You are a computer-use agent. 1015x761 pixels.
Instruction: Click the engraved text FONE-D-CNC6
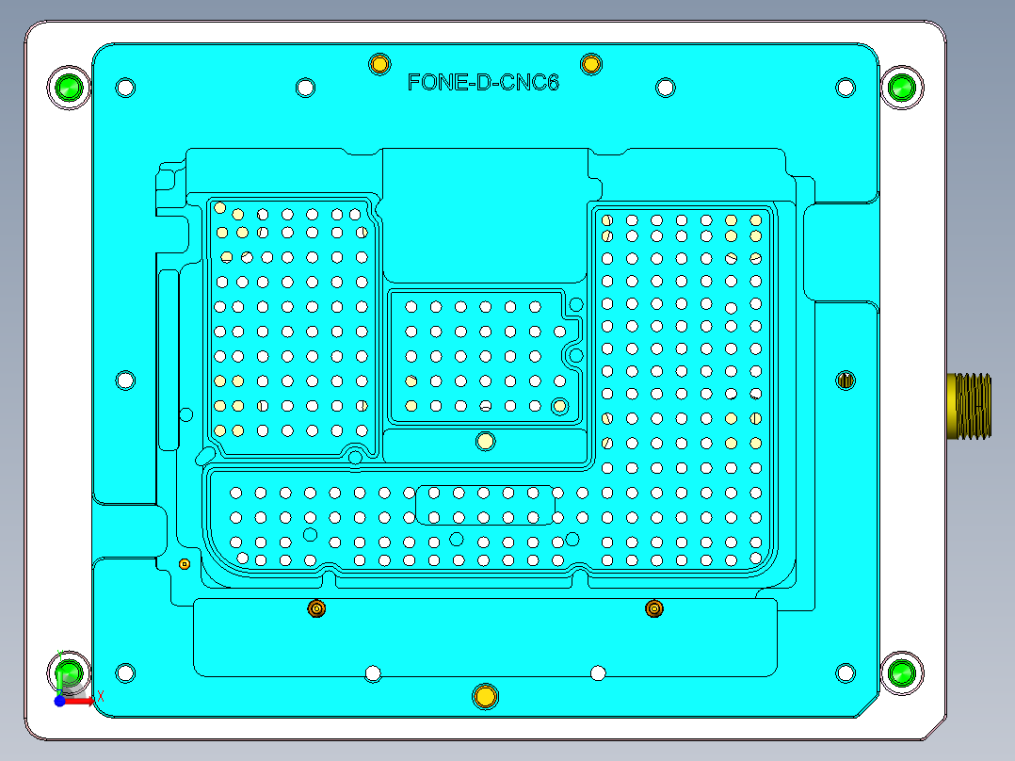click(483, 83)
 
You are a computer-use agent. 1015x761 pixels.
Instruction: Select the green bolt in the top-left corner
click(68, 89)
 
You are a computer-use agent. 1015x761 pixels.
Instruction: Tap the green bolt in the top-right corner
click(902, 89)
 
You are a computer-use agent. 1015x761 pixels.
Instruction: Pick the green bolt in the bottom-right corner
click(902, 672)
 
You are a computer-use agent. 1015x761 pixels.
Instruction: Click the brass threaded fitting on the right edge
click(969, 406)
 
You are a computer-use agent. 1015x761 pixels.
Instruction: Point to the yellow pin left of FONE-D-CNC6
click(379, 64)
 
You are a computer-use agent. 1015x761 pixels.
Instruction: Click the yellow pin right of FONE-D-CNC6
click(591, 64)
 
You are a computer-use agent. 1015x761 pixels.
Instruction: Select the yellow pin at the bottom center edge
click(485, 696)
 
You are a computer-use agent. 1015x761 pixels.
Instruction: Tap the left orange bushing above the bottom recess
click(316, 609)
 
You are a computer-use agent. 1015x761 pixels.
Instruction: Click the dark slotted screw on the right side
click(846, 380)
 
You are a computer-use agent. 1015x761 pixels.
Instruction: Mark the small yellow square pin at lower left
click(185, 564)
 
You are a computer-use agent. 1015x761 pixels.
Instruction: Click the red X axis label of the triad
click(100, 696)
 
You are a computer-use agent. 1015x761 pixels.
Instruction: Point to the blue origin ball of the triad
click(60, 702)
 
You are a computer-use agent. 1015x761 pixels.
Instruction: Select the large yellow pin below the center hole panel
click(485, 441)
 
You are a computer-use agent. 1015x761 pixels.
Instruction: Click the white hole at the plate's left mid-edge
click(125, 380)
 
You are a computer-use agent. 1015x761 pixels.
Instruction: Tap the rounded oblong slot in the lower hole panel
click(485, 505)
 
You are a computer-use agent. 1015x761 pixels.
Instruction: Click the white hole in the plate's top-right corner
click(846, 89)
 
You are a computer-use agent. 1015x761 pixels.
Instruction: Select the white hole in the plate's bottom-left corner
click(125, 672)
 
